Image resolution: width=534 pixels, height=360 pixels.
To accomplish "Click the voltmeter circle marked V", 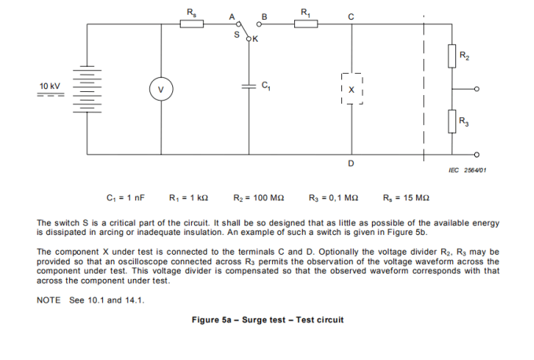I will point(161,90).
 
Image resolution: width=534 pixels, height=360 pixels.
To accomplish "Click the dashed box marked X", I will point(352,90).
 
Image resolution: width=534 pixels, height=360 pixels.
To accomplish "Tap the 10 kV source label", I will point(50,86).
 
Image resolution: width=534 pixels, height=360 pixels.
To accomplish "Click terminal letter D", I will point(351,163).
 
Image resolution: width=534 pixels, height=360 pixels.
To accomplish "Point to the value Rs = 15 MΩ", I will point(405,198).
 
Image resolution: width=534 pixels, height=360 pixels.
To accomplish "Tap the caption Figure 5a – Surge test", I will point(267,320).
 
